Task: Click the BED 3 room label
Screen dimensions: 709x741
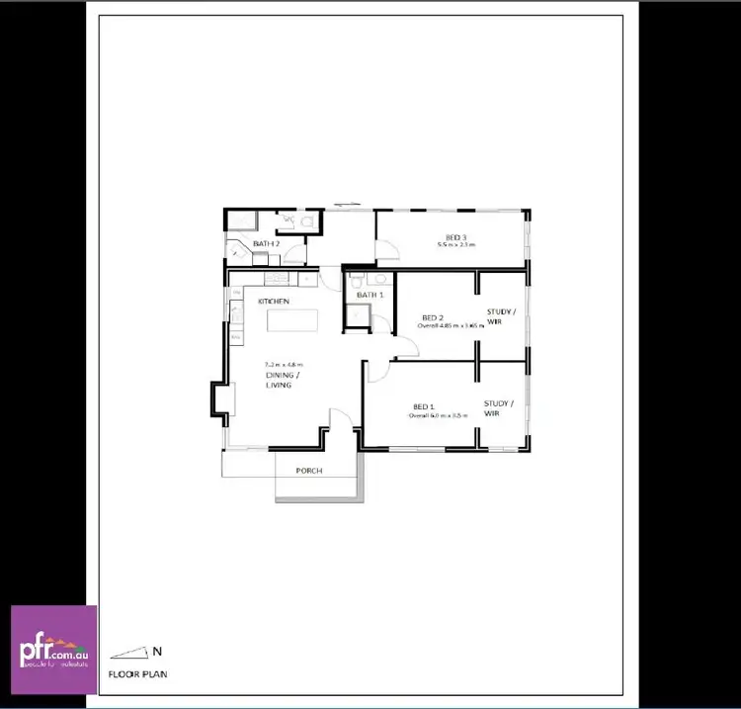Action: pos(455,237)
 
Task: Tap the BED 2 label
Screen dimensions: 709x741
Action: pos(432,316)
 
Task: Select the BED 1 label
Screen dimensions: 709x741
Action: pos(423,406)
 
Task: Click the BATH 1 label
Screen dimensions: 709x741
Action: pos(370,295)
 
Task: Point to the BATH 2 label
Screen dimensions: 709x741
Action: pos(266,243)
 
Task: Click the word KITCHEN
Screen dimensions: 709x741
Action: pos(274,301)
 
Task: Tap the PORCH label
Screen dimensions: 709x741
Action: pos(309,471)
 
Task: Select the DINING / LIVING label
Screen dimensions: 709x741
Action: pos(279,380)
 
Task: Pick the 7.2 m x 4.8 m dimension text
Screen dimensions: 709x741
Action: pos(284,365)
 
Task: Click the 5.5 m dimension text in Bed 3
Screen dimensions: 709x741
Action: pos(455,244)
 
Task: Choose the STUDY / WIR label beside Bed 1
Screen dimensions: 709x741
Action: pos(498,407)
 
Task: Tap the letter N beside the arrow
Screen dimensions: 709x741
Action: pos(157,650)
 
